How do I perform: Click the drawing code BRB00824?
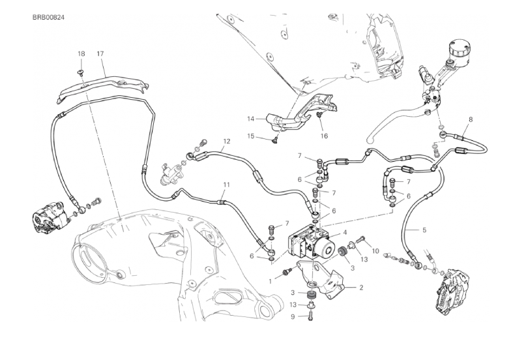[48, 17]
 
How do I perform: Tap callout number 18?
[81, 53]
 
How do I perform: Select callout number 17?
[100, 53]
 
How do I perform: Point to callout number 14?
[250, 119]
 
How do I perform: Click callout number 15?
[250, 136]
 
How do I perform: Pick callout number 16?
[323, 136]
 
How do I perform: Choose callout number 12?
[227, 141]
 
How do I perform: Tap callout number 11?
[227, 185]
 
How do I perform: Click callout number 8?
[471, 120]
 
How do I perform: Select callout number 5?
[424, 230]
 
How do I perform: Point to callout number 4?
[344, 233]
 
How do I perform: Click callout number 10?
[375, 251]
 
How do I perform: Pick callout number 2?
[361, 288]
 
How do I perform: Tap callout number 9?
[292, 317]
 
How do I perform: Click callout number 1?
[270, 281]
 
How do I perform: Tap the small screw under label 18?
[81, 72]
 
